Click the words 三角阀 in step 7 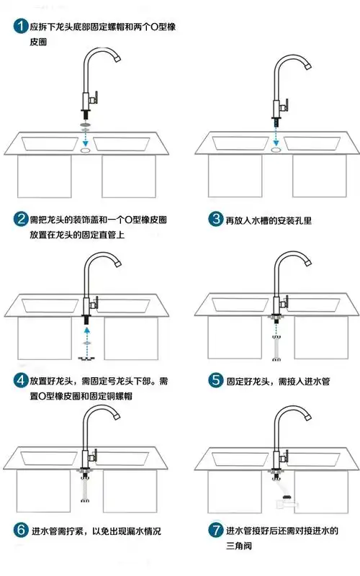coord(239,547)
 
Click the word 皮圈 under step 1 coord(39,43)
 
